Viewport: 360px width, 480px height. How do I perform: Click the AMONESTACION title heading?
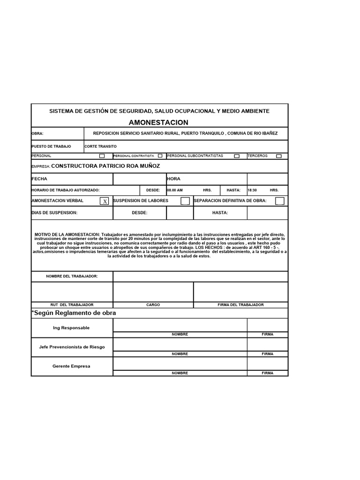pyautogui.click(x=158, y=122)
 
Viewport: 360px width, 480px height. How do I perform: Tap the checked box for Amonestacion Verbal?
pyautogui.click(x=105, y=201)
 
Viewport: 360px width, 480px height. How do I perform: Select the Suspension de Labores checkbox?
pyautogui.click(x=185, y=201)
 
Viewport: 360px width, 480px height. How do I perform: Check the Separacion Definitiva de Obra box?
pyautogui.click(x=279, y=201)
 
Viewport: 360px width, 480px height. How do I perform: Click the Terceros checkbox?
pyautogui.click(x=279, y=156)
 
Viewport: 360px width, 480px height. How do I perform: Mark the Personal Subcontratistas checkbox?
pyautogui.click(x=237, y=156)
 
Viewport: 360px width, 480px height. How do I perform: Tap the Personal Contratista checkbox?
pyautogui.click(x=160, y=156)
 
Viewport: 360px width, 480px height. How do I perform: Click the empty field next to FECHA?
pyautogui.click(x=139, y=179)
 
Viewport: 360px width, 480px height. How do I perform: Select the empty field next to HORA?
pyautogui.click(x=267, y=179)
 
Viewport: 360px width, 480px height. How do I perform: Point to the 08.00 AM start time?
pyautogui.click(x=175, y=190)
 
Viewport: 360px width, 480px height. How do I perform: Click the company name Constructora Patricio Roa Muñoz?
pyautogui.click(x=105, y=166)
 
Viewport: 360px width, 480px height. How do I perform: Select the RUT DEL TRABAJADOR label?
pyautogui.click(x=72, y=305)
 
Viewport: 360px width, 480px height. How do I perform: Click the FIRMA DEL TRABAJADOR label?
pyautogui.click(x=240, y=305)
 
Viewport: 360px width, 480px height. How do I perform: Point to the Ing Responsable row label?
pyautogui.click(x=71, y=328)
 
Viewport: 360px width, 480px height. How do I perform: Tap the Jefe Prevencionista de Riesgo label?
pyautogui.click(x=72, y=347)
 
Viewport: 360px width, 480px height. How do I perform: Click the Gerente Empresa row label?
pyautogui.click(x=71, y=366)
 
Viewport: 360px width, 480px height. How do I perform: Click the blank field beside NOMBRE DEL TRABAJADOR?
pyautogui.click(x=200, y=277)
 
